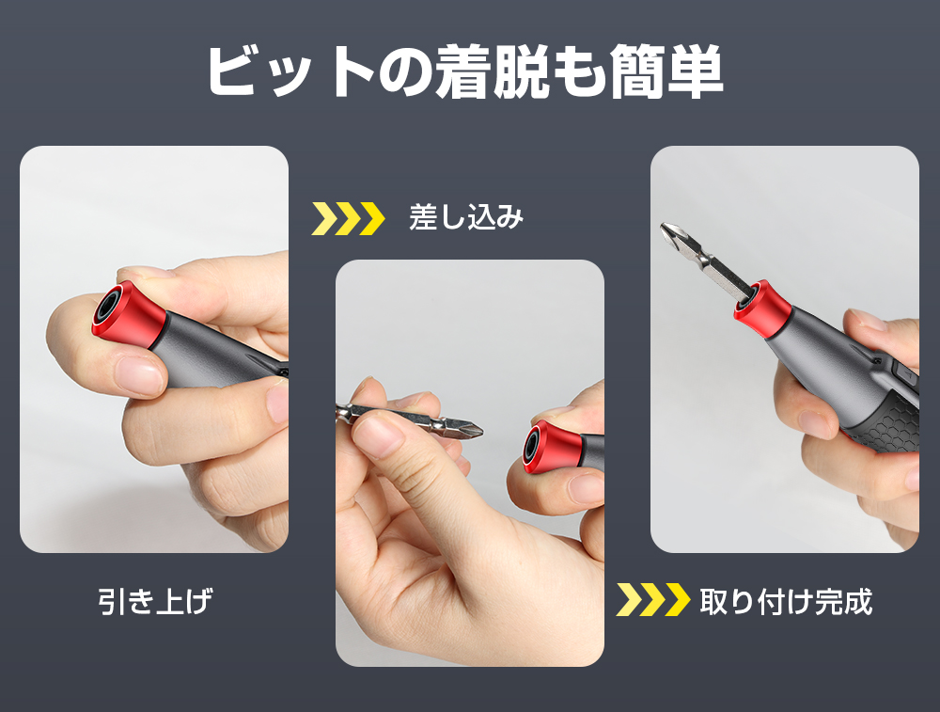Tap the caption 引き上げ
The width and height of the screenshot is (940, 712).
point(155,601)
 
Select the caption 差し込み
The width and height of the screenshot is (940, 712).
point(465,218)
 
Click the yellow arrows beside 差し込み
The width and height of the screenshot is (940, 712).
point(348,218)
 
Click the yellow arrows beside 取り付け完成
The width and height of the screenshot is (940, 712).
point(652,600)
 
